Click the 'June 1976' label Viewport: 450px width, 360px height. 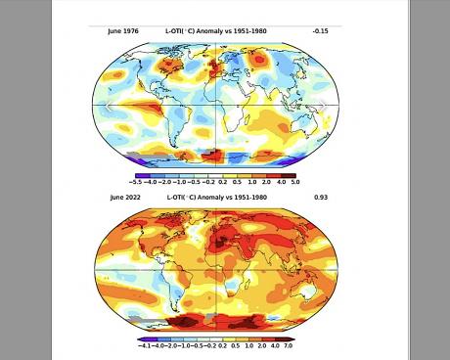click(123, 31)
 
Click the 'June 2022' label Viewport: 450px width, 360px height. click(123, 198)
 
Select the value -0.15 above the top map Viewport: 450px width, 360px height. click(320, 31)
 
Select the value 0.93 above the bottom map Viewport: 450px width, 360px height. click(320, 198)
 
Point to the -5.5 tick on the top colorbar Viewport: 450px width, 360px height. click(137, 182)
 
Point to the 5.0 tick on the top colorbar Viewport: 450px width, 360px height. click(294, 182)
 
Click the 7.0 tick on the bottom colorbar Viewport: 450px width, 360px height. click(289, 346)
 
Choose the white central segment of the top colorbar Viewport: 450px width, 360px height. click(216, 175)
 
